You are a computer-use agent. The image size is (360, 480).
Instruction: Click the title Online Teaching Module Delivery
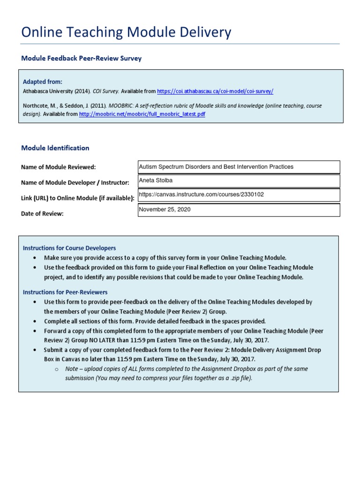coord(126,32)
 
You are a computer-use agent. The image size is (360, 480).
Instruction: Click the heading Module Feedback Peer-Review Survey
coord(81,59)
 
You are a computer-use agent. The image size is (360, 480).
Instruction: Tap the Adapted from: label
coord(42,82)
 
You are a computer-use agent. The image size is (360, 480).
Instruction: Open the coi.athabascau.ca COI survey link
coord(215,91)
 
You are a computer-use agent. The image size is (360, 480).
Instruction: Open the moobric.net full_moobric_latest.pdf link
coord(142,114)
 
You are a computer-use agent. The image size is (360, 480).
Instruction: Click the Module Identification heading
coord(55,148)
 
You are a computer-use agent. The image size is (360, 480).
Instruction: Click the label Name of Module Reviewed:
coord(58,167)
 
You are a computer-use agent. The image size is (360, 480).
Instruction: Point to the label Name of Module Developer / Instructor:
coord(75,182)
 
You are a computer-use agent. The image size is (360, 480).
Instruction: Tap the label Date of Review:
coord(42,214)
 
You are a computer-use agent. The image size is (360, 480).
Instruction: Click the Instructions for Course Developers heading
coord(69,248)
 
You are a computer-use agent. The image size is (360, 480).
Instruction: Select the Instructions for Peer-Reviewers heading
coord(65,292)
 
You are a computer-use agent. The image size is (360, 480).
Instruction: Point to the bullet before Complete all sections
coord(35,322)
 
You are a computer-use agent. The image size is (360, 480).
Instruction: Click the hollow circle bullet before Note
coord(56,369)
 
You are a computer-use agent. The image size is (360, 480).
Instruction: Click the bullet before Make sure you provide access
coord(35,258)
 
